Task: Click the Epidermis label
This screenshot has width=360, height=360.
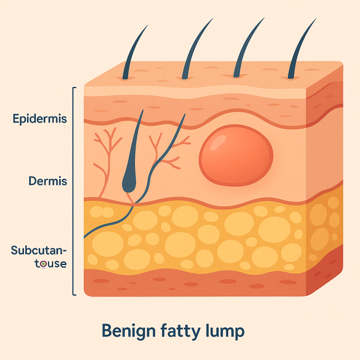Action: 40,119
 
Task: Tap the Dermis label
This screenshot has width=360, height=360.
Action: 48,181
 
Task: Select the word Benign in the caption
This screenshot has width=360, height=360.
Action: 129,331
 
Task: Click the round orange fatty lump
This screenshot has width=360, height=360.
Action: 236,155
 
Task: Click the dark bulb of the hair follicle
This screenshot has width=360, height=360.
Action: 129,182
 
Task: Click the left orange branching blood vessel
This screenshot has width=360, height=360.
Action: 107,161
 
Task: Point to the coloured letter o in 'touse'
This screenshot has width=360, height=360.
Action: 43,264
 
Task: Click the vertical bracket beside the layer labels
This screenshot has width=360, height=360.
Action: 73,191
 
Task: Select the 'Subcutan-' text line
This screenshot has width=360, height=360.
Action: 39,250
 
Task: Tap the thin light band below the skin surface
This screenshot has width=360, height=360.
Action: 195,91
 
